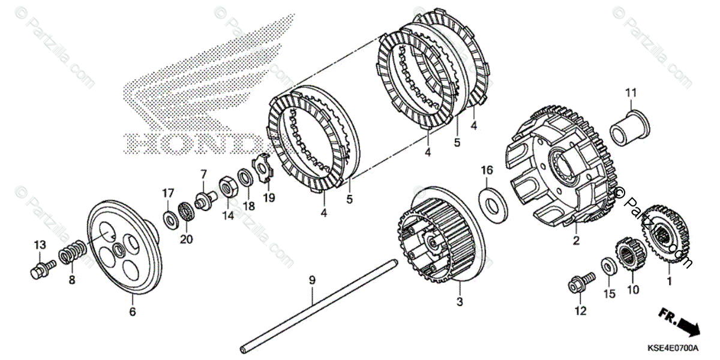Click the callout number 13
click(40, 245)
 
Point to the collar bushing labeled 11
click(629, 128)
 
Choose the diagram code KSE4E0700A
click(672, 348)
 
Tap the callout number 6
click(132, 312)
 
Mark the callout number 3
click(460, 303)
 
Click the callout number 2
click(576, 242)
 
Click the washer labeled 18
click(244, 178)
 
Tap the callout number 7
click(203, 174)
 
